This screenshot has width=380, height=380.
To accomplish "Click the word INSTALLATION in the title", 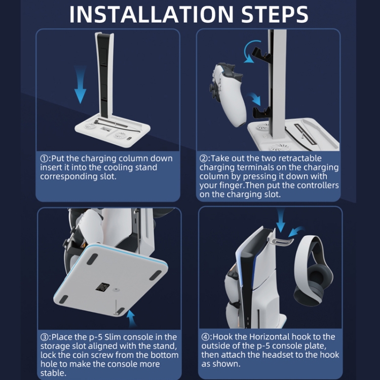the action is pos(151,14).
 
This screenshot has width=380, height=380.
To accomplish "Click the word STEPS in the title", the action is pos(275,14).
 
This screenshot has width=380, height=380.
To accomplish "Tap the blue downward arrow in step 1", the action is pos(80,84).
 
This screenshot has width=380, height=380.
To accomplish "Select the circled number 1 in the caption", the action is pos(45,159).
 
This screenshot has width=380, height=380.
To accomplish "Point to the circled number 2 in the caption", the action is pos(204,159).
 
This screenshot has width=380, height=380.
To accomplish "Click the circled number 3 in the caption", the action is pos(45,337).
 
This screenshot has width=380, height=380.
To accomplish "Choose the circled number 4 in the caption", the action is pos(205,337).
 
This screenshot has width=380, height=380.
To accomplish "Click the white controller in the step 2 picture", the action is pos(226,95).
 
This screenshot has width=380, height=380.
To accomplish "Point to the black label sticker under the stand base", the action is pos(102,287).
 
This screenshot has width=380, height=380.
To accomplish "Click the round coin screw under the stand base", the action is pos(117,290).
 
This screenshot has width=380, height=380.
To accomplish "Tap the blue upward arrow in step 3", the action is pos(131,318).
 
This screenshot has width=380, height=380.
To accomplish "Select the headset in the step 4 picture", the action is pos(313,270).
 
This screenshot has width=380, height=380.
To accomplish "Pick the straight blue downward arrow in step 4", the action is pos(281,220).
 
